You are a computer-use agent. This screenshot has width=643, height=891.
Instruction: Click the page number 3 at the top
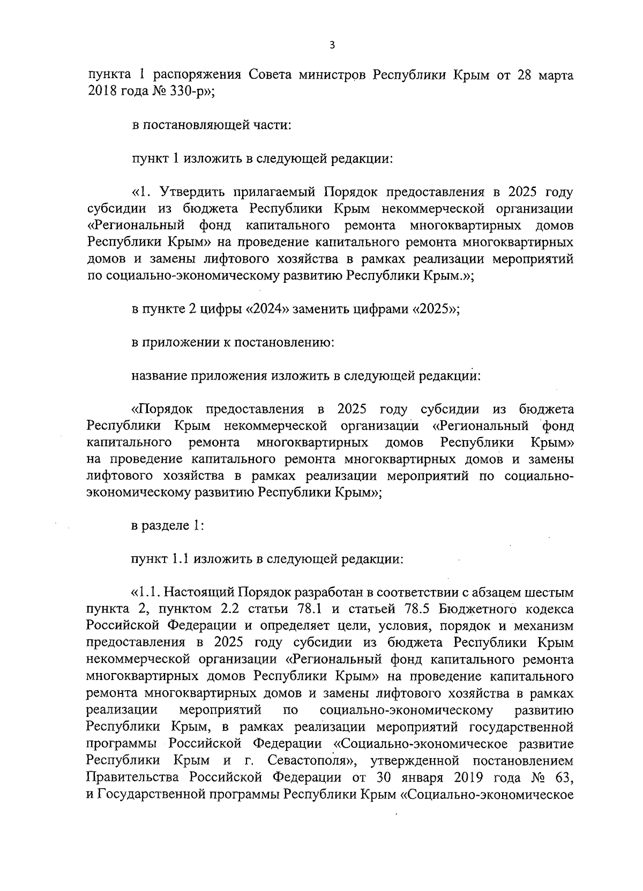pyautogui.click(x=332, y=46)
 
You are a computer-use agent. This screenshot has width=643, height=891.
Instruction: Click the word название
pyautogui.click(x=159, y=376)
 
